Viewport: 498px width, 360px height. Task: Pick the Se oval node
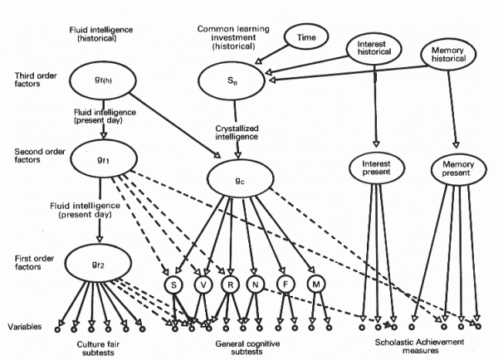pyautogui.click(x=234, y=81)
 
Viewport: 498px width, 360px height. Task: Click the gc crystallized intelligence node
pyautogui.click(x=237, y=178)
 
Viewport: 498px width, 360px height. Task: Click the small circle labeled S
pyautogui.click(x=174, y=285)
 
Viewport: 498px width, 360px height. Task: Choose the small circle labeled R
pyautogui.click(x=229, y=285)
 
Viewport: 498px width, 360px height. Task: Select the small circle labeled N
pyautogui.click(x=256, y=285)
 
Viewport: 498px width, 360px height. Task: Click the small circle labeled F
pyautogui.click(x=284, y=285)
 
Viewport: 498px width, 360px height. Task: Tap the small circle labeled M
pyautogui.click(x=311, y=285)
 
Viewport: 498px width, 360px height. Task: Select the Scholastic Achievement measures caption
pyautogui.click(x=415, y=346)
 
